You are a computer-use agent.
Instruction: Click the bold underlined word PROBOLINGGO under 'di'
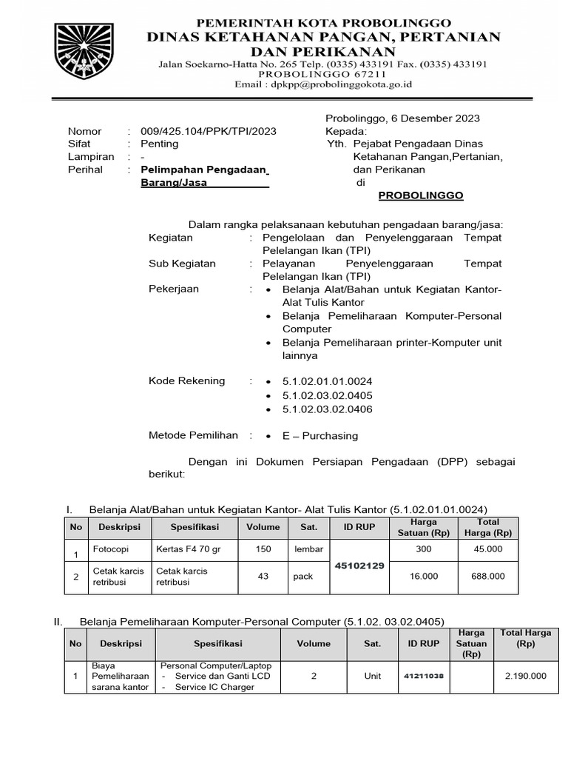click(x=421, y=195)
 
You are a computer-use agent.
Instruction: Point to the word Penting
click(x=159, y=144)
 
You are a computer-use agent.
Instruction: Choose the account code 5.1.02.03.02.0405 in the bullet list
click(x=327, y=395)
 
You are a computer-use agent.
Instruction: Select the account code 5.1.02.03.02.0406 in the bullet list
click(x=327, y=409)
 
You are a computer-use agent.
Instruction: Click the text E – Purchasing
click(x=320, y=436)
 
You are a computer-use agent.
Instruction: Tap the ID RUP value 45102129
click(x=359, y=565)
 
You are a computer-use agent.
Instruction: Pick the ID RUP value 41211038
click(x=424, y=676)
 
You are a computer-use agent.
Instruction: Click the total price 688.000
click(x=488, y=577)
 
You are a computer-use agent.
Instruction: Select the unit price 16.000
click(x=424, y=577)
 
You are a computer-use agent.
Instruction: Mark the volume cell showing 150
click(x=263, y=549)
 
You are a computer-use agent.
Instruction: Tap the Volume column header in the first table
click(x=263, y=527)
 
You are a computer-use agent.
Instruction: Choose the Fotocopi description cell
click(x=109, y=549)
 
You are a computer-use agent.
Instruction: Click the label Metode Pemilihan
click(x=193, y=436)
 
